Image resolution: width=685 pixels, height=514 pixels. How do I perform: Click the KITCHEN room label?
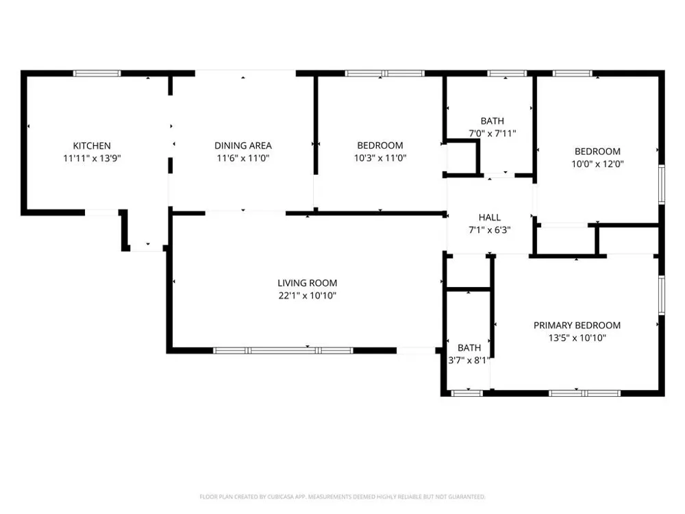[92, 145]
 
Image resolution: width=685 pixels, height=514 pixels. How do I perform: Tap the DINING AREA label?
[243, 145]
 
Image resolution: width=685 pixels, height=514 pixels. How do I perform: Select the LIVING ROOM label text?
[307, 283]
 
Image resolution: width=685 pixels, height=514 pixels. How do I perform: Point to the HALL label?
[489, 217]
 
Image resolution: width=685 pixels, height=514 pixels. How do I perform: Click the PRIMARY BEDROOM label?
[577, 325]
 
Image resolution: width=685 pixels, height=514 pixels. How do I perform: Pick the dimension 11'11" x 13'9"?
[92, 158]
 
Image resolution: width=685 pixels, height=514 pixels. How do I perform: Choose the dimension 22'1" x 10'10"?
[307, 295]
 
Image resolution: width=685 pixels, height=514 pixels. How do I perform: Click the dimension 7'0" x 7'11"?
[493, 134]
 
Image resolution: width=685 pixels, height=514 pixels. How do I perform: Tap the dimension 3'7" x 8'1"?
[469, 360]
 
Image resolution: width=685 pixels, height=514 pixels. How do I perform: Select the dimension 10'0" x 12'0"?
[597, 164]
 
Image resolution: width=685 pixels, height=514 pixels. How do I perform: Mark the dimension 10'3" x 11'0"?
[380, 158]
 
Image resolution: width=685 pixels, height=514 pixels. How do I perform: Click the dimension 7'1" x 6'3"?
[489, 230]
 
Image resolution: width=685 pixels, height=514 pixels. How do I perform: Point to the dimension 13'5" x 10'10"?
[577, 338]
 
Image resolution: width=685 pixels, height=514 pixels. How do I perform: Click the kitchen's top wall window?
[97, 73]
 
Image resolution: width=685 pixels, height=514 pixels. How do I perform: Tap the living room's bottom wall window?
[283, 350]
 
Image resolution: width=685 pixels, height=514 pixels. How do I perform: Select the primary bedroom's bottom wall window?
[584, 393]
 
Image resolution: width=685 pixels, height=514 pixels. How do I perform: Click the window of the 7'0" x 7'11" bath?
[507, 73]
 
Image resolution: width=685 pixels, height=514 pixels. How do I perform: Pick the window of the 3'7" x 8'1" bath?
[466, 393]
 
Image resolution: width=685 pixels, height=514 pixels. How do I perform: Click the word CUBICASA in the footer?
[279, 497]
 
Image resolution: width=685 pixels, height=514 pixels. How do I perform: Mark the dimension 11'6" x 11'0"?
[243, 158]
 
